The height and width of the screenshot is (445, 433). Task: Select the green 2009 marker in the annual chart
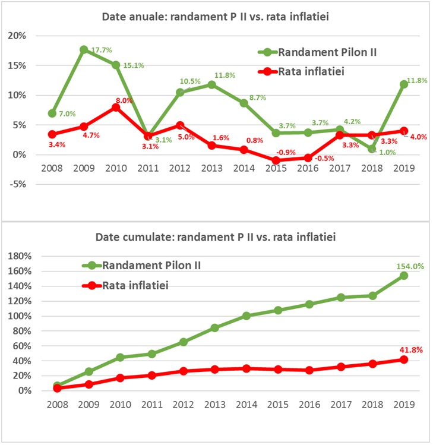[x=84, y=49]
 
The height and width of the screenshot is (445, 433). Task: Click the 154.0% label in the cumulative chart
[x=410, y=266]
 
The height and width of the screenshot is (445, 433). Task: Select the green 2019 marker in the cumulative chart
[x=403, y=276]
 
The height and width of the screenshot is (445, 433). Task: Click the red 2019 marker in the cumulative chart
[x=403, y=359]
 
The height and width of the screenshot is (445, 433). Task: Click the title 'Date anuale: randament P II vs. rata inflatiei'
[x=216, y=18]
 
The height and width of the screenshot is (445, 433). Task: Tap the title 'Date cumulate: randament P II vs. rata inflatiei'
[x=216, y=238]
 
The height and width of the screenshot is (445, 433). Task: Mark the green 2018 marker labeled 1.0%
[x=371, y=149]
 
